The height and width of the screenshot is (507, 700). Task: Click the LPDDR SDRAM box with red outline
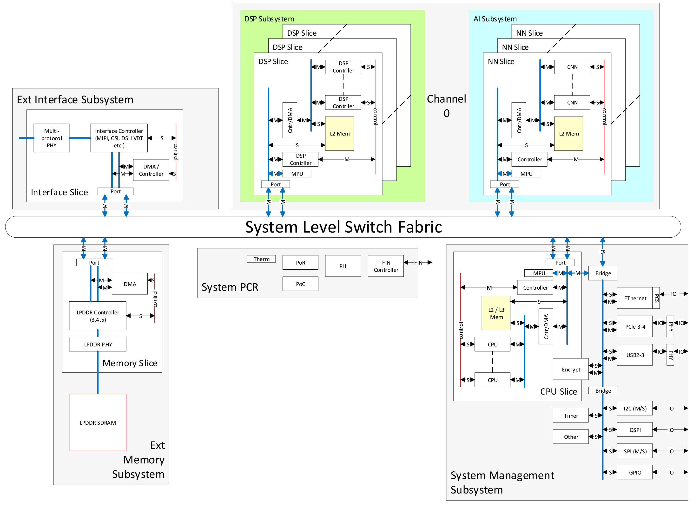pyautogui.click(x=98, y=423)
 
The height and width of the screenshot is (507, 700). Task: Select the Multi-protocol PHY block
pyautogui.click(x=52, y=138)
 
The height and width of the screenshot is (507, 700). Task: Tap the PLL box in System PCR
pyautogui.click(x=343, y=266)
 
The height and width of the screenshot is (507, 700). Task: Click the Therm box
pyautogui.click(x=261, y=259)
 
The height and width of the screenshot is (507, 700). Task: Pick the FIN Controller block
pyautogui.click(x=386, y=266)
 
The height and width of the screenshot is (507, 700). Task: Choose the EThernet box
pyautogui.click(x=635, y=298)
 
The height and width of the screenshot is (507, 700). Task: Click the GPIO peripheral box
pyautogui.click(x=635, y=473)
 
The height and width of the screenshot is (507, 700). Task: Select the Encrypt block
pyautogui.click(x=571, y=370)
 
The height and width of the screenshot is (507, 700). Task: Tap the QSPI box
pyautogui.click(x=635, y=430)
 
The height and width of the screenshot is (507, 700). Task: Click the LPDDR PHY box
pyautogui.click(x=98, y=344)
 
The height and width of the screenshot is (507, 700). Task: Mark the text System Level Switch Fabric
pyautogui.click(x=343, y=227)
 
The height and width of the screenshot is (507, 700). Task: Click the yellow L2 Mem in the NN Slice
pyautogui.click(x=569, y=134)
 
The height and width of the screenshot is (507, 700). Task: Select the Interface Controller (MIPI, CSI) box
pyautogui.click(x=119, y=138)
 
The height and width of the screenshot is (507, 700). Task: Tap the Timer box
pyautogui.click(x=571, y=416)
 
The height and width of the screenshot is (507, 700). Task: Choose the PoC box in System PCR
pyautogui.click(x=300, y=284)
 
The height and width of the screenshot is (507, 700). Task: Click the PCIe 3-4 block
pyautogui.click(x=635, y=327)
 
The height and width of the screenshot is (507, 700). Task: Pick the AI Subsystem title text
pyautogui.click(x=495, y=19)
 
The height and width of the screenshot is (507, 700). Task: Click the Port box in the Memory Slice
pyautogui.click(x=94, y=263)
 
